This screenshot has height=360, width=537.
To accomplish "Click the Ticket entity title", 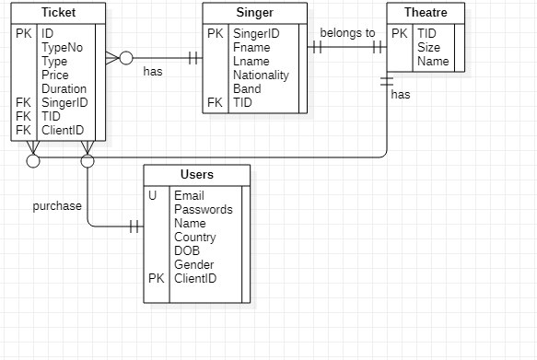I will (x=58, y=13).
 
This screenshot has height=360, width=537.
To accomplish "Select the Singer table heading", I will (x=256, y=13).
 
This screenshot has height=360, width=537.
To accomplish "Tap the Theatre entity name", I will (x=426, y=13).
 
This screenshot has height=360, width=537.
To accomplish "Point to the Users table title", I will (x=196, y=174).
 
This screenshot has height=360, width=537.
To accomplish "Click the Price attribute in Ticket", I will (x=55, y=75).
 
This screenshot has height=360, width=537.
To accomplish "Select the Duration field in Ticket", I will (x=64, y=89).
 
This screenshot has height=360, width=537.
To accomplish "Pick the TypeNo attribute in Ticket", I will (x=62, y=48).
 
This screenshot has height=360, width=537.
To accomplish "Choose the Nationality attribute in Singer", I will (x=261, y=75).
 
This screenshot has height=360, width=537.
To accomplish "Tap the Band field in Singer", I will (x=248, y=89).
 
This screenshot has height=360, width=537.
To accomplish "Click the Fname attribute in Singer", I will (x=251, y=48).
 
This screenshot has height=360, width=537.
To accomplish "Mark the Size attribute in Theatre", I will (x=428, y=48).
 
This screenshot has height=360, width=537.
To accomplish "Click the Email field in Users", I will (x=189, y=195).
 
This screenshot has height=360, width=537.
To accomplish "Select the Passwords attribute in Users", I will (x=203, y=209).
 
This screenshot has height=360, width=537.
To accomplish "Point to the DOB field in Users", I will (x=187, y=250).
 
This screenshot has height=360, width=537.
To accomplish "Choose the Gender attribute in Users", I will (x=194, y=264).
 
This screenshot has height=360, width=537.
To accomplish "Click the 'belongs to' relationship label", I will (x=347, y=33).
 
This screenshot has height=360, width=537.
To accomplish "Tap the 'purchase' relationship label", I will (x=57, y=206).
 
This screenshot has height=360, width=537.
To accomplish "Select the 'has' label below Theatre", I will (x=401, y=94).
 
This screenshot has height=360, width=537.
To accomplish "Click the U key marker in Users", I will (x=153, y=195).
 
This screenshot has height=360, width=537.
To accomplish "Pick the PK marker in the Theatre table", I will (x=400, y=34).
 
